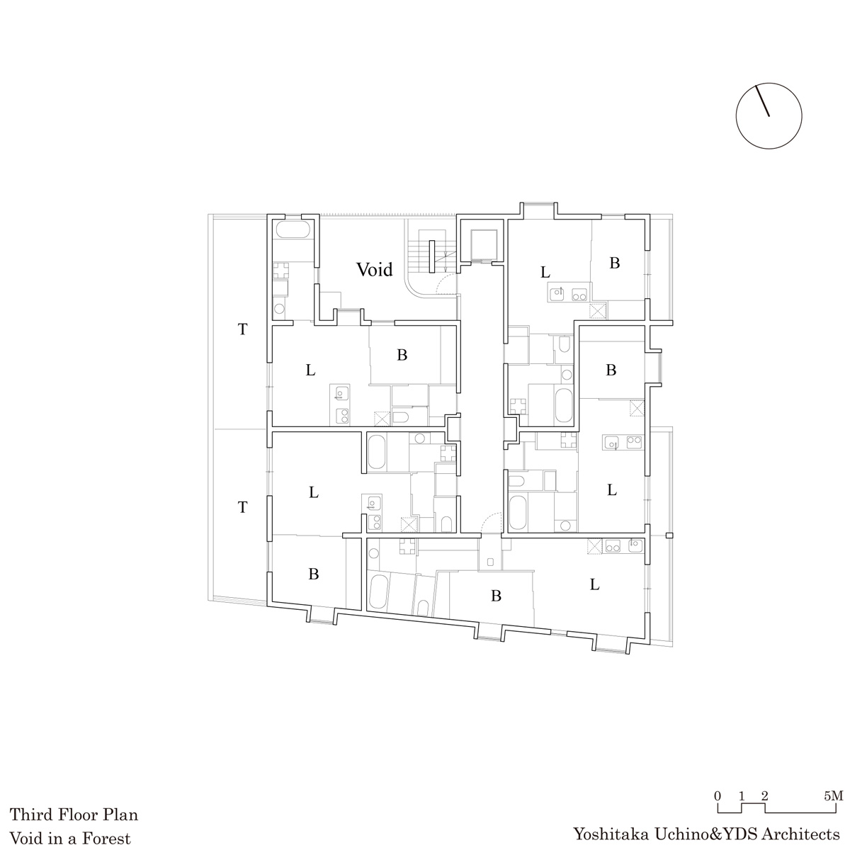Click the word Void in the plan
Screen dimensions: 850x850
(375, 269)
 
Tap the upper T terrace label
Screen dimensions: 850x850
(243, 329)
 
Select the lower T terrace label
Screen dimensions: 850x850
(243, 507)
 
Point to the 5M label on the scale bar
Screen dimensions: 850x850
(833, 796)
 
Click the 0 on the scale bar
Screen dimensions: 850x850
(718, 796)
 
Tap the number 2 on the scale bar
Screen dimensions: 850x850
(764, 796)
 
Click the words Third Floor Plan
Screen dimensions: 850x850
(74, 815)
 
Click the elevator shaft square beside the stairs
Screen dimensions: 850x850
(484, 244)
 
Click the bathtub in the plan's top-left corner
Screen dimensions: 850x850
(293, 229)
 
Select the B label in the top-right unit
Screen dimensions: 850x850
(614, 263)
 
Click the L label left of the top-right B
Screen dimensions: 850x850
(545, 272)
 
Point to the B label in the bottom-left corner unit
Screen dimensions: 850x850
(314, 574)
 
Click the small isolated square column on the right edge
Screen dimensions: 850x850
(669, 536)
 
